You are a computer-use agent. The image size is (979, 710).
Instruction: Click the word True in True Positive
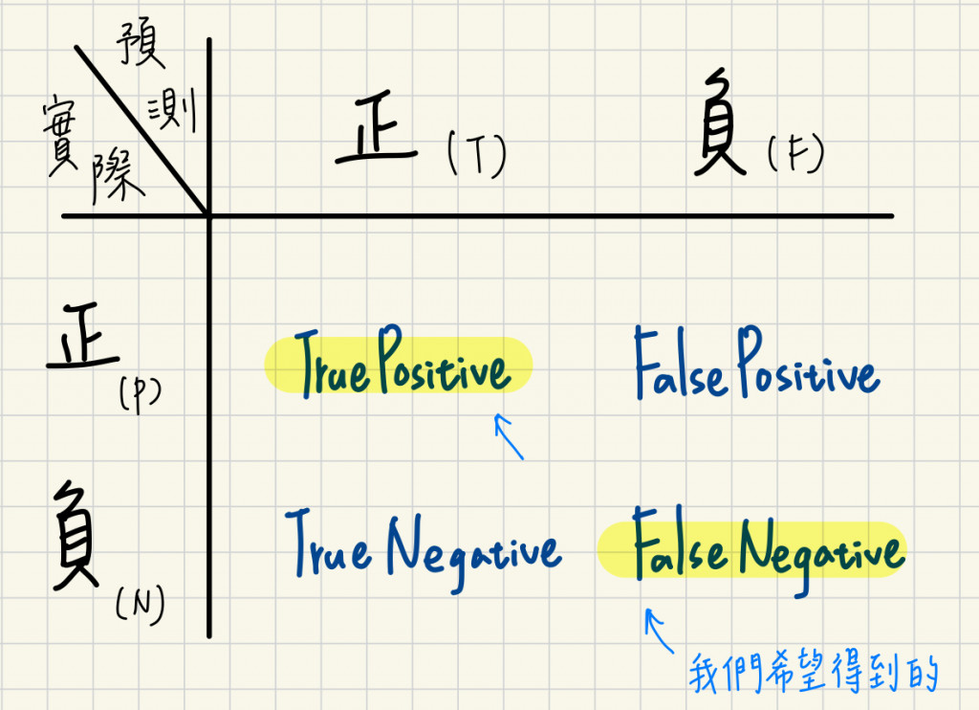[x=331, y=369]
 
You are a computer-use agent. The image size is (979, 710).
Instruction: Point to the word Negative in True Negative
[x=473, y=549]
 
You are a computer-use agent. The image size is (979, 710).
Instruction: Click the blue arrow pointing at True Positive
[x=509, y=435]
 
